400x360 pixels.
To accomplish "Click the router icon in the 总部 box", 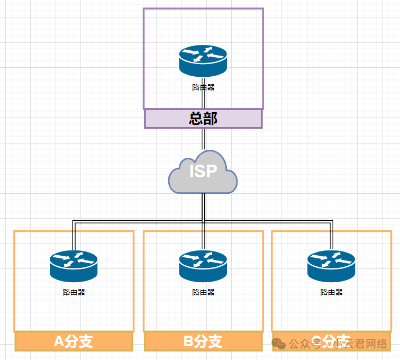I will coord(203,60).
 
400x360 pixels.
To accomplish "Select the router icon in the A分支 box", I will coord(74,265).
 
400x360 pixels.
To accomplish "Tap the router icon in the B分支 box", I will coord(203,265).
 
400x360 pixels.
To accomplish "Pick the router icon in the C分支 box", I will coord(331,265).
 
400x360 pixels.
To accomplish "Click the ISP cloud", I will coord(203,173).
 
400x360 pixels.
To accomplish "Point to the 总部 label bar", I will coord(203,119).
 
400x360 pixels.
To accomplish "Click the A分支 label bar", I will coord(74,341).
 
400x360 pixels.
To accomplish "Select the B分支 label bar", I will coord(203,341).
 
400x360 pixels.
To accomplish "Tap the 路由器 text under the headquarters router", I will coord(203,87).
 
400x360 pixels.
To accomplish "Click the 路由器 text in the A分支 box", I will coord(74,292).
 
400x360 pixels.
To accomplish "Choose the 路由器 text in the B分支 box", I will coord(203,292).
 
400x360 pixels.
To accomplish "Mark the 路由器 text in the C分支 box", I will coord(332,292).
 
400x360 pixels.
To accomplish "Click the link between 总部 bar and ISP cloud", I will coord(203,140).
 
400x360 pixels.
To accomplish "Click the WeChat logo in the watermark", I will coord(279,344).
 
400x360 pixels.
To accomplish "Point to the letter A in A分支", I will coord(59,341).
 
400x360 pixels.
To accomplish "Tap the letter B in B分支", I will coord(189,341).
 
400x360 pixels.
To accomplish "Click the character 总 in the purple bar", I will coord(196,119).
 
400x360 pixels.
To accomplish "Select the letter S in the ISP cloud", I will coord(203,172).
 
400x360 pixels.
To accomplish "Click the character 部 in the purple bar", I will coord(211,119).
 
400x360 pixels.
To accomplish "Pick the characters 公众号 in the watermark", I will coord(303,344).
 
